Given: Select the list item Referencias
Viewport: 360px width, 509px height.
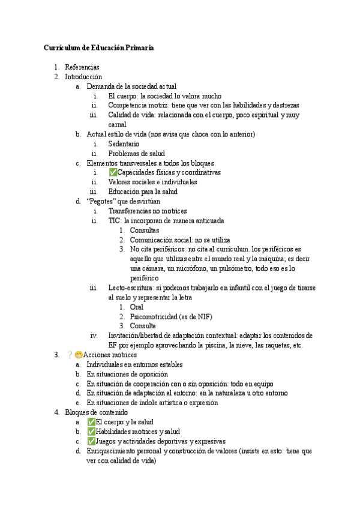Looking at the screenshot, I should coord(82,67).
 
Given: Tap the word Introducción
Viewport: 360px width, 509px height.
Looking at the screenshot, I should coord(85,77).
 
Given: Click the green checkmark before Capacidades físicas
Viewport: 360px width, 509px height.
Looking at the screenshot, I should coord(113,173).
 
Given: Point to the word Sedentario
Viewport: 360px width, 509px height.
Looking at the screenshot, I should coord(124,144).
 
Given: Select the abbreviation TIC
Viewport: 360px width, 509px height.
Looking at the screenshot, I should coord(115,221).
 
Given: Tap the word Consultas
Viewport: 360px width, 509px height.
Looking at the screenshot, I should coord(145,230).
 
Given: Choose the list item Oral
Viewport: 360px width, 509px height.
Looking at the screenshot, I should coord(137,307).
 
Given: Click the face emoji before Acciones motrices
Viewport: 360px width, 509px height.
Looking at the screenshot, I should coord(79,355).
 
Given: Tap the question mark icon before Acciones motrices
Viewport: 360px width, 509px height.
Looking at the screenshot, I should coord(70,355).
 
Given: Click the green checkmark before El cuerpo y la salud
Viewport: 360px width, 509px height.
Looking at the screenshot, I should coord(91,422).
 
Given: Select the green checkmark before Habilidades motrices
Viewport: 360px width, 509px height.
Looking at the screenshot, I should coord(91,432).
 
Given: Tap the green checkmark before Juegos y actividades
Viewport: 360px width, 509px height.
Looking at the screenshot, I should coord(91,441).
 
